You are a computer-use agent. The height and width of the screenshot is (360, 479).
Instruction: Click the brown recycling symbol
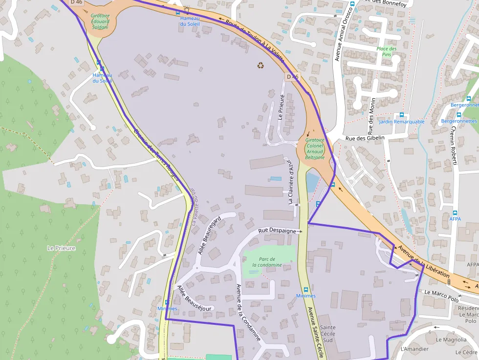click(x=261, y=65)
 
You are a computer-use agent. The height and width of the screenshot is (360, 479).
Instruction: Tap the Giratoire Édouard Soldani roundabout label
click(x=100, y=21)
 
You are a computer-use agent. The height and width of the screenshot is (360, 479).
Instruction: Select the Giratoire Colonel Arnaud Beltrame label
click(x=315, y=148)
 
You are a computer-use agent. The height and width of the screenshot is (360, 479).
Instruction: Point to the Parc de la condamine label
click(x=267, y=262)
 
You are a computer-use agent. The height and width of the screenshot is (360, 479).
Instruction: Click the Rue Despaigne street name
click(x=277, y=230)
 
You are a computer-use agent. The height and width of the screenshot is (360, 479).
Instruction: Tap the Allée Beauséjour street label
click(x=194, y=298)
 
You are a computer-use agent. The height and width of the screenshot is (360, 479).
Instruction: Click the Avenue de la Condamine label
click(x=248, y=313)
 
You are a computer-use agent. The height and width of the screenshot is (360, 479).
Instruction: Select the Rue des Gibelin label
click(x=365, y=138)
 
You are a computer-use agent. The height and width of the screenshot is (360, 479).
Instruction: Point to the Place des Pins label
click(x=387, y=51)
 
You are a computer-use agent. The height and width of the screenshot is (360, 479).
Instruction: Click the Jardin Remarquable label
click(x=401, y=121)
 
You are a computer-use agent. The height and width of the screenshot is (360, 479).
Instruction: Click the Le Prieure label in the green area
click(x=61, y=248)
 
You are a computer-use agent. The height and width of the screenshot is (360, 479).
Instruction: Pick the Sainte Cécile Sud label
click(x=327, y=334)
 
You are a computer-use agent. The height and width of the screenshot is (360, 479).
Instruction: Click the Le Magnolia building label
click(x=451, y=339)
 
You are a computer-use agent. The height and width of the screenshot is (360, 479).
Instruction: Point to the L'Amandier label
click(x=414, y=349)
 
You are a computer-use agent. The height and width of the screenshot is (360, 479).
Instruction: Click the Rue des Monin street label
click(x=371, y=120)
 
